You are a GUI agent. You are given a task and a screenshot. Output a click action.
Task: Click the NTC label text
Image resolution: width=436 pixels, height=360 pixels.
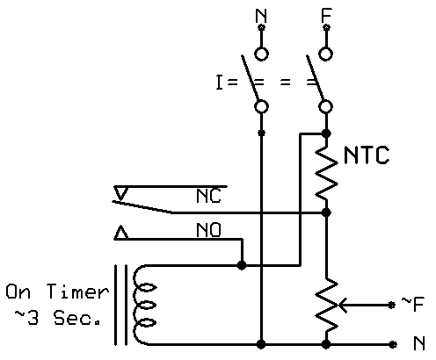click(x=367, y=155)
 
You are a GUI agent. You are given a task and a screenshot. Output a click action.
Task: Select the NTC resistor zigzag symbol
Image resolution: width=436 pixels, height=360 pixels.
click(x=326, y=174)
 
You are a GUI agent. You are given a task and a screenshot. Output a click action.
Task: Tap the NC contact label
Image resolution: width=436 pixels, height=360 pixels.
click(x=208, y=196)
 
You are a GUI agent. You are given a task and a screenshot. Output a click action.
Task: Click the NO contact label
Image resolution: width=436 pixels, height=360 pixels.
click(x=208, y=230)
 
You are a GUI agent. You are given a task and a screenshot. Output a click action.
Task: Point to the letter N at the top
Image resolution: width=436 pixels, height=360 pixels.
click(x=261, y=16)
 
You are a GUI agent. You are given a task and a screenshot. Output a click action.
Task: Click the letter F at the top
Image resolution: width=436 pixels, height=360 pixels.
click(x=326, y=16)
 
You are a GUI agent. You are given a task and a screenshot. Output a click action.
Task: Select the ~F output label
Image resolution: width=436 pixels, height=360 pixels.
click(x=412, y=304)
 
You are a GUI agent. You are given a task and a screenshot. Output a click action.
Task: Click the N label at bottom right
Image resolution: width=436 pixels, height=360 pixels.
click(x=419, y=343)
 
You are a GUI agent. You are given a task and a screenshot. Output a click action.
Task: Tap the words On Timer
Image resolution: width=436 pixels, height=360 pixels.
click(x=57, y=292)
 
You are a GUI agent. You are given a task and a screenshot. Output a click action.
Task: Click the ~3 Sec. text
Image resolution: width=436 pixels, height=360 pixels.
click(x=58, y=317)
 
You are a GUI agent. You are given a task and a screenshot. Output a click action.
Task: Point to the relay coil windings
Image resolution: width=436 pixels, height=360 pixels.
click(x=144, y=305)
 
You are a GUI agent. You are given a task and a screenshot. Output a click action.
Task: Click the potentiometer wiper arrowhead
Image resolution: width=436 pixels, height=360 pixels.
click(x=342, y=305)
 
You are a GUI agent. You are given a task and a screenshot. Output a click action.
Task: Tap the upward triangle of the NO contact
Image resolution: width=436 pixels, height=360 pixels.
click(x=121, y=233)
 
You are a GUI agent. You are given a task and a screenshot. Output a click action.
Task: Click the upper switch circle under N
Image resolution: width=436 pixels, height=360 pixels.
click(x=261, y=54)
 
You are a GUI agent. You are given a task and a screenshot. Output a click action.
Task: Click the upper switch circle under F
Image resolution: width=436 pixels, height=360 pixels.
click(x=326, y=54)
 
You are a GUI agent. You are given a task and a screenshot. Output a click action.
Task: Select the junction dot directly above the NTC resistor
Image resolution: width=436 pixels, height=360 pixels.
click(x=326, y=133)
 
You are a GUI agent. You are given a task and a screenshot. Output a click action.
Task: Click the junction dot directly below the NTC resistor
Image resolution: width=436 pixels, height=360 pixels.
click(x=326, y=212)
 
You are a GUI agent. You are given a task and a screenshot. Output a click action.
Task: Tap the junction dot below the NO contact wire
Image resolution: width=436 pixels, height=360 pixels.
click(x=242, y=265)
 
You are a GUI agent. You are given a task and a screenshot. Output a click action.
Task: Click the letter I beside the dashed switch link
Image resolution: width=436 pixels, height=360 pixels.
click(x=219, y=83)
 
